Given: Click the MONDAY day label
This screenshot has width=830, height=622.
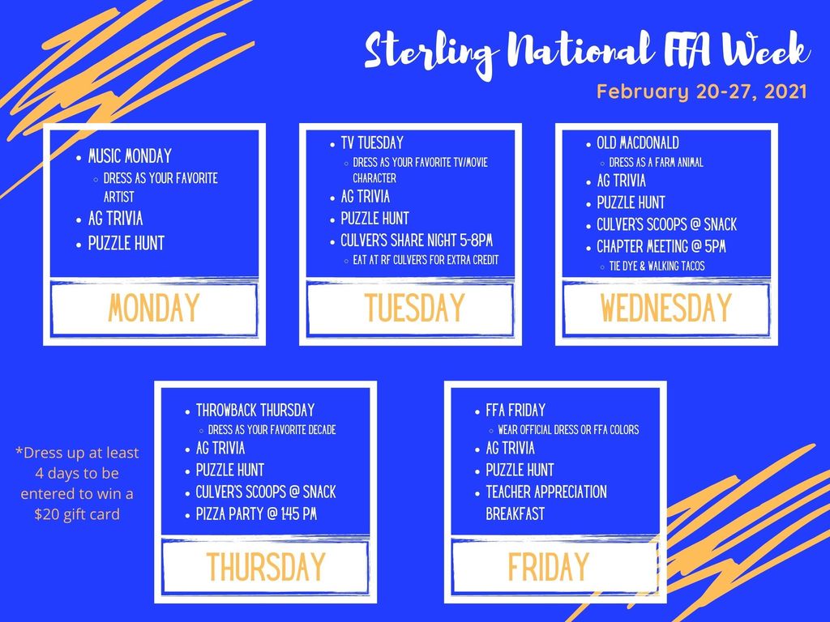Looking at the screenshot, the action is coord(153,309).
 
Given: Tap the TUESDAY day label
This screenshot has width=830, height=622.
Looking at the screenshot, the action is coord(414,309).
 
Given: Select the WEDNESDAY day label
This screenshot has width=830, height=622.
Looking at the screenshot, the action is coord(666,309).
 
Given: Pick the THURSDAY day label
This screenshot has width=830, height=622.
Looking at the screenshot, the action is coord(266,566).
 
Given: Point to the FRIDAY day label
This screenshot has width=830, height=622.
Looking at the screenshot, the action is coord(549,566).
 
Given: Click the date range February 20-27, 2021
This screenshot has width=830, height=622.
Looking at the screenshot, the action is coord(701,92).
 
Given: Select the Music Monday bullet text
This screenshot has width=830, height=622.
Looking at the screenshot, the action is coord(130,156).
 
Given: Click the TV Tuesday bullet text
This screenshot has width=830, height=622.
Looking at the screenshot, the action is coord(372,143).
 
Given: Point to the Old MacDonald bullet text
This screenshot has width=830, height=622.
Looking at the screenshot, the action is coord(638,143).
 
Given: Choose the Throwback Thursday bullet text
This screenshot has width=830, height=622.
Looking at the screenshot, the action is coord(255,411).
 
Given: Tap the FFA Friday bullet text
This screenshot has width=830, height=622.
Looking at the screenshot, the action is coord(516,411).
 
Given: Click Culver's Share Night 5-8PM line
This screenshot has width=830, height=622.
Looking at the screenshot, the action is coord(417,241).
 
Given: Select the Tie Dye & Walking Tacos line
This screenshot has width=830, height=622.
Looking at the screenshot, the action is coord(657,266).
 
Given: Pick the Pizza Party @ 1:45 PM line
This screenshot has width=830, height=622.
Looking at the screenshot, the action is coord(256,514).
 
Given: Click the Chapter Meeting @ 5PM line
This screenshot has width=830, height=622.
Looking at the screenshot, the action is coord(661,246).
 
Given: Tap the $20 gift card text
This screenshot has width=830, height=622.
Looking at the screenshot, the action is coord(77,514).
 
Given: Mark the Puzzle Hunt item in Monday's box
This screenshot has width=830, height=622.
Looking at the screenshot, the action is coord(126,243).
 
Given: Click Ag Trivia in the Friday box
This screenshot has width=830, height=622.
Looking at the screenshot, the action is coord(511,449).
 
